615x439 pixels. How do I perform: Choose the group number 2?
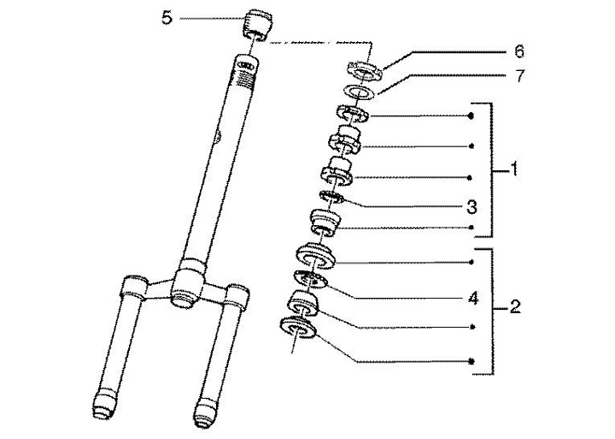[514, 306]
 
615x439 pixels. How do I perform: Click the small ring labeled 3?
[330, 199]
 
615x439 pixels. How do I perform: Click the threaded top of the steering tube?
[244, 77]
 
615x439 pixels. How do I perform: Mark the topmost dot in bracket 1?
[472, 115]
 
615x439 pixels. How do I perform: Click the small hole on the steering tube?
[220, 134]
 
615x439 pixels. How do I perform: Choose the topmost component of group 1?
[349, 113]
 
